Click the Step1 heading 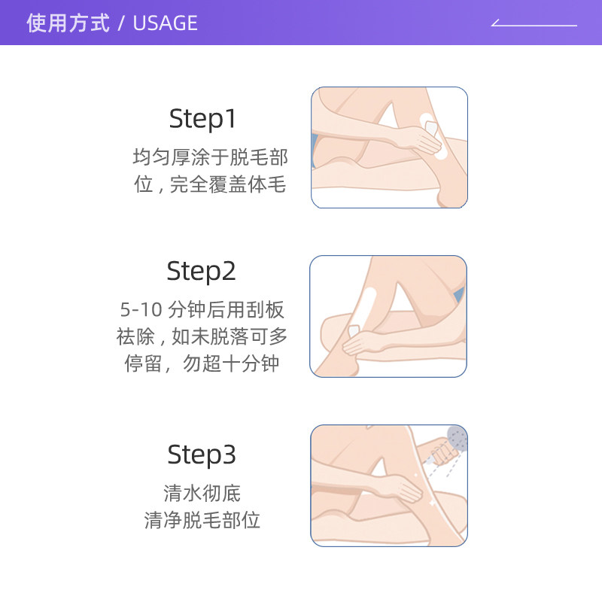202,118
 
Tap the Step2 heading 201,271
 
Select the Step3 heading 201,455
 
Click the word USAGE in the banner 165,23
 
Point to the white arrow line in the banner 534,25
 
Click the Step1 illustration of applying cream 389,147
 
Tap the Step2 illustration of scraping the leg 388,316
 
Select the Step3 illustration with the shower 389,485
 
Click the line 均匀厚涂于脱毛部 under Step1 210,157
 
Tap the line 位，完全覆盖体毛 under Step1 210,184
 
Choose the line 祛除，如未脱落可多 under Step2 202,336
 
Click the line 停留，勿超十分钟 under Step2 202,363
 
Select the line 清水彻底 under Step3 202,494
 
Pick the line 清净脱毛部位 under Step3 202,520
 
